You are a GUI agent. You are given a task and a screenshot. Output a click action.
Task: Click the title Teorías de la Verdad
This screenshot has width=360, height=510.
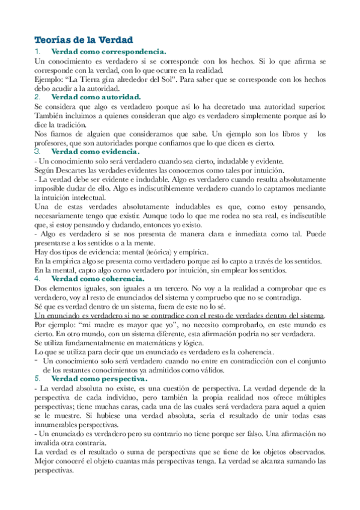click(x=84, y=40)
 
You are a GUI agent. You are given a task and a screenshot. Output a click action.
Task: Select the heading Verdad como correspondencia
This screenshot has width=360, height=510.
click(x=109, y=52)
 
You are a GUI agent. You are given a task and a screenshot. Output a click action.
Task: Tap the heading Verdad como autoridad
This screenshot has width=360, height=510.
click(x=96, y=96)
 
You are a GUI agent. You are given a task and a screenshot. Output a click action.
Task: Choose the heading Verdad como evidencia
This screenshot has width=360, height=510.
click(x=96, y=152)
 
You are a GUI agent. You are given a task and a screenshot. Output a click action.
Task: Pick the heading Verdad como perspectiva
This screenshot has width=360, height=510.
click(x=99, y=379)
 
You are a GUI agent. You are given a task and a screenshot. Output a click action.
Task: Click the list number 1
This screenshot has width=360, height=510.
click(x=38, y=52)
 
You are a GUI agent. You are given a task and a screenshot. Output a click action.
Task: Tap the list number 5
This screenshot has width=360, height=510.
click(x=38, y=379)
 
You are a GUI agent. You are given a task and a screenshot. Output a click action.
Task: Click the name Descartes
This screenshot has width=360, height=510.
click(x=75, y=170)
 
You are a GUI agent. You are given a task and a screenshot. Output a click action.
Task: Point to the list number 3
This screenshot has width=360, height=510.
click(x=38, y=152)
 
